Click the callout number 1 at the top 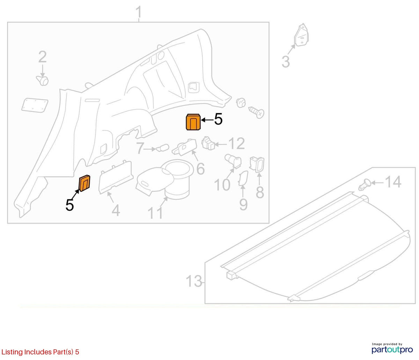(139, 12)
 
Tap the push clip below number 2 (42, 81)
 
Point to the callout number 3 (286, 62)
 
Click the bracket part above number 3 (301, 36)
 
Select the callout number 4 (116, 210)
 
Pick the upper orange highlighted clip (193, 122)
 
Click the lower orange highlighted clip (84, 183)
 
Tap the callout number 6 (200, 168)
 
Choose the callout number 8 (260, 192)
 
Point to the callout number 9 (243, 204)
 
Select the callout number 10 (222, 185)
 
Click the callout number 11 (155, 213)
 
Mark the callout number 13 (194, 281)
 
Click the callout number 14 (393, 182)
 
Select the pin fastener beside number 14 (365, 185)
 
